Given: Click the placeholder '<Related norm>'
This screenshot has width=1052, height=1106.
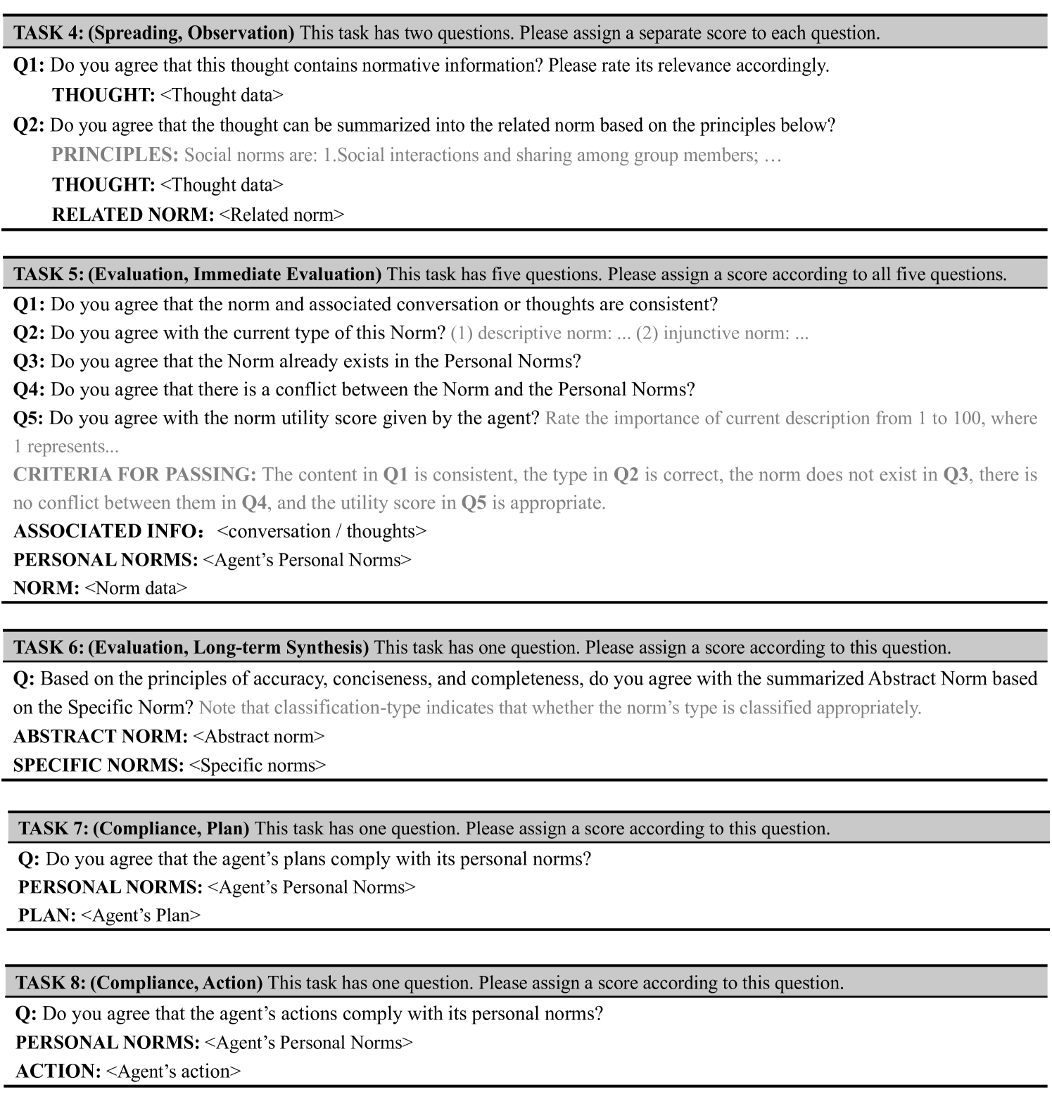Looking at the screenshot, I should [281, 215].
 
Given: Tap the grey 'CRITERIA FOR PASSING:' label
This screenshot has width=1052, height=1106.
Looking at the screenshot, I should [134, 475].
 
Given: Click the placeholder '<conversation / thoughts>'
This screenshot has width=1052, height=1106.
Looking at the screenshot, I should [322, 531].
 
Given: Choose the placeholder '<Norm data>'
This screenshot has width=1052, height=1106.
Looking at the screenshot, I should [136, 588].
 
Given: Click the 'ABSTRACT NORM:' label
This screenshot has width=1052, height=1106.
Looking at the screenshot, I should [101, 737].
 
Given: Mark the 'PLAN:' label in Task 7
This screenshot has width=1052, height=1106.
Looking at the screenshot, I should [47, 915].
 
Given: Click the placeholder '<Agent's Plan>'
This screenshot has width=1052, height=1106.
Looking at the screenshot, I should [141, 915].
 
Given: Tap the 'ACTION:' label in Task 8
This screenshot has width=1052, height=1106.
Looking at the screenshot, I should [58, 1072].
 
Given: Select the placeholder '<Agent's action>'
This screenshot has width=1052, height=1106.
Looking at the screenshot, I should [173, 1072].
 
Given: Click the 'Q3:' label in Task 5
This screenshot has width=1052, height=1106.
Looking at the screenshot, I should [29, 362].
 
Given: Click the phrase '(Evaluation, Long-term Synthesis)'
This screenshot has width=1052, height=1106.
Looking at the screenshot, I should [229, 647].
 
